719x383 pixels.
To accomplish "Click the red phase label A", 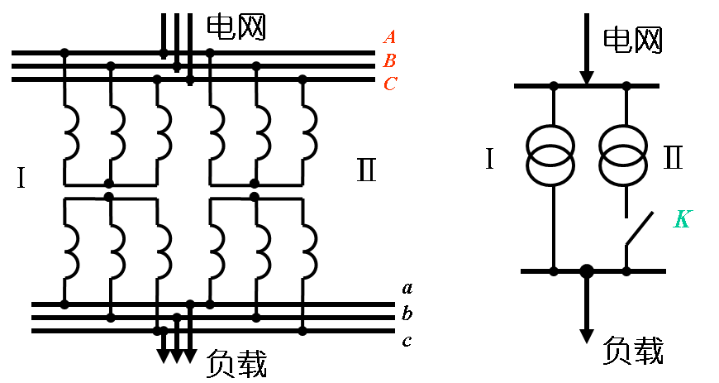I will [390, 36].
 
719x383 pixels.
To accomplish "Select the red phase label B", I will [390, 60].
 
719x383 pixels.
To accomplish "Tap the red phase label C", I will [390, 84].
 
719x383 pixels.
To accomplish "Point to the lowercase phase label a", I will [407, 288].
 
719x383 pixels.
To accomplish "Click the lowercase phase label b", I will [407, 314].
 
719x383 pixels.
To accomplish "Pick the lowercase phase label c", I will [407, 340].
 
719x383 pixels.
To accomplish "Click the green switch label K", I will [681, 219].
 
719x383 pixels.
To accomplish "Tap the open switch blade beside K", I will [639, 229].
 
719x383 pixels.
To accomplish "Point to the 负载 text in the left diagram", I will [236, 362].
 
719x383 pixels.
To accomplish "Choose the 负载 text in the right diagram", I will [633, 351].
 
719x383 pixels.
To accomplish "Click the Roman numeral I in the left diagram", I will [21, 178].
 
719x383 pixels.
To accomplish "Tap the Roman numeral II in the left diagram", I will [366, 171].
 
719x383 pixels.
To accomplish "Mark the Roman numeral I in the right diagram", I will [489, 159].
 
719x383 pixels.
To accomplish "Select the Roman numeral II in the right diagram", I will [673, 157].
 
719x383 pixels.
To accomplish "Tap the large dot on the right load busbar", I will [587, 271].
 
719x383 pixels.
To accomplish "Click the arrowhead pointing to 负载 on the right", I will [587, 335].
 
